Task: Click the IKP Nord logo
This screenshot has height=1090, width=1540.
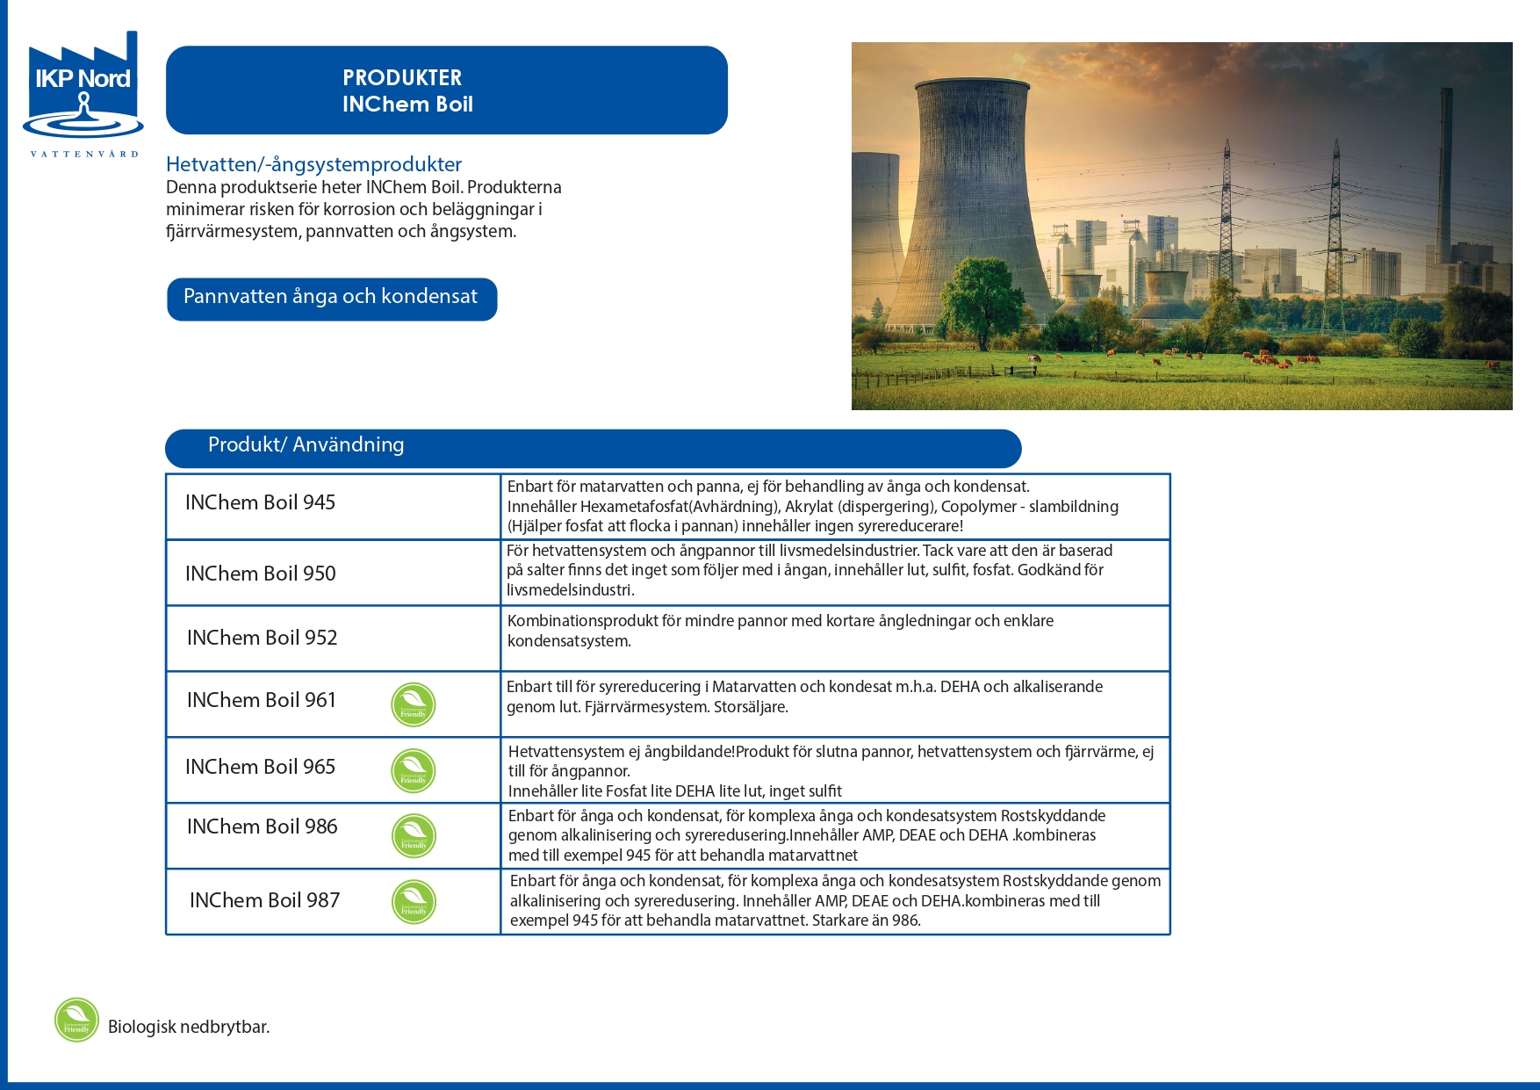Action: [83, 92]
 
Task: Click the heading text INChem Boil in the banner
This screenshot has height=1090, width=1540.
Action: [407, 105]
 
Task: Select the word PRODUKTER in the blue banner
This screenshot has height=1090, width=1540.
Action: [402, 78]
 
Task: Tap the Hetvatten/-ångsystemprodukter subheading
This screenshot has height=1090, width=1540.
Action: [313, 164]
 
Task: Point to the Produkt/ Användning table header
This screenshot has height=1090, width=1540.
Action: [306, 445]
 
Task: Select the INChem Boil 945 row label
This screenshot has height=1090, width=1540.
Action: [260, 502]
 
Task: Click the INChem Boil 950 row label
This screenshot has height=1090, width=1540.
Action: [260, 574]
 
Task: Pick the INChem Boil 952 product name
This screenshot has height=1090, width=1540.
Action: [262, 638]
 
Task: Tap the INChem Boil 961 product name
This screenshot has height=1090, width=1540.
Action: [261, 700]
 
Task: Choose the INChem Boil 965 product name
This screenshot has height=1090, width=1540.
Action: [260, 767]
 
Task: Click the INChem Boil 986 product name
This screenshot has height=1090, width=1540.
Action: [262, 827]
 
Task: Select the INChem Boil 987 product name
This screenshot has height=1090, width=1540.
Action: [264, 900]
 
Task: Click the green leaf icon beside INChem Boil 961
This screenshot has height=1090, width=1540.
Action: [414, 705]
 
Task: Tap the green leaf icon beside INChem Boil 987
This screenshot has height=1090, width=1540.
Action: [414, 902]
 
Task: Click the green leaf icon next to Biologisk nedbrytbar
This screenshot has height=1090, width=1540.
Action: [76, 1020]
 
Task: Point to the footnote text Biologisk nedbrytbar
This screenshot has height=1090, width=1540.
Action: [189, 1027]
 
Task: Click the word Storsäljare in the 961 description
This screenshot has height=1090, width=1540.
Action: [751, 707]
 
